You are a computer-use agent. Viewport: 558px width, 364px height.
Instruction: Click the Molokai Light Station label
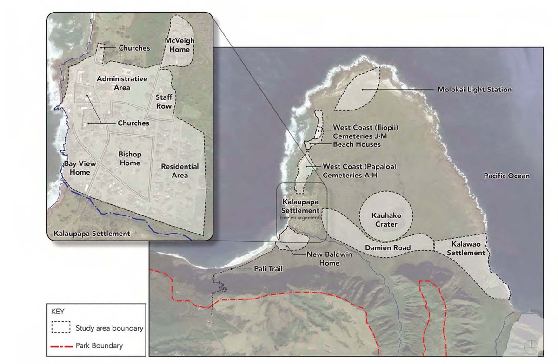click(x=474, y=90)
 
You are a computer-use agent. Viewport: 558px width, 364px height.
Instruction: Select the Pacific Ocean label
click(x=506, y=176)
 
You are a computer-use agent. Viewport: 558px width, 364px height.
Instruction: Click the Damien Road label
click(x=393, y=248)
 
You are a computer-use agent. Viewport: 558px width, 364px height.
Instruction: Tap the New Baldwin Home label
click(x=323, y=259)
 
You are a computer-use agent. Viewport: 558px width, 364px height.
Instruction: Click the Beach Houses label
click(x=357, y=144)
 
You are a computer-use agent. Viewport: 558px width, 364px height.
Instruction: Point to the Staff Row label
click(x=164, y=102)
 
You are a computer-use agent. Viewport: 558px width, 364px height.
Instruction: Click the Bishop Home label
click(x=129, y=158)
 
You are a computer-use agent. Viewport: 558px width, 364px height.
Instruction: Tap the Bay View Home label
click(x=77, y=168)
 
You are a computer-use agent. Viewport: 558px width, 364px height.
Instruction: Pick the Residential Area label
click(x=179, y=170)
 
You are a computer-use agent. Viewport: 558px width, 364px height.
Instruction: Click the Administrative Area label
click(x=122, y=83)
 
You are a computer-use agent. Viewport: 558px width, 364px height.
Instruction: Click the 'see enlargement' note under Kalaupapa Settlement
click(x=302, y=217)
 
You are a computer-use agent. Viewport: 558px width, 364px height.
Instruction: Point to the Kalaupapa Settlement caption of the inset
click(x=92, y=233)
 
